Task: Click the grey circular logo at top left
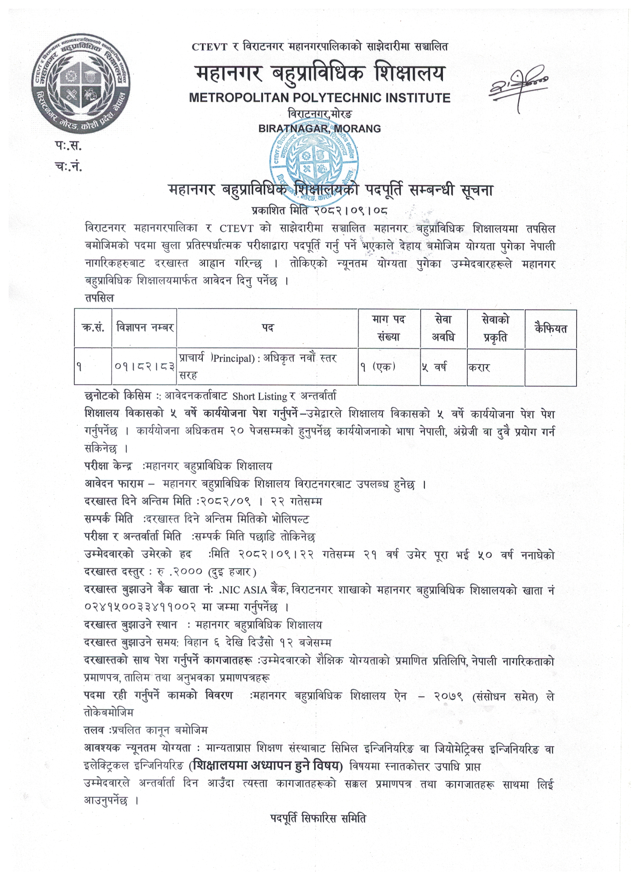point(81,84)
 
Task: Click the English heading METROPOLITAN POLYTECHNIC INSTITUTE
point(319,98)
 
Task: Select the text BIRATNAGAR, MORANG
point(319,128)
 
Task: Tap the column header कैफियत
point(550,329)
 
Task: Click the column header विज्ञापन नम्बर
point(145,328)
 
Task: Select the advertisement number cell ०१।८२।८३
point(145,366)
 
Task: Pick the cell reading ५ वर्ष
point(434,366)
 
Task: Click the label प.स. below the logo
point(68,146)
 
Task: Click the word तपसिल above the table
point(99,298)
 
